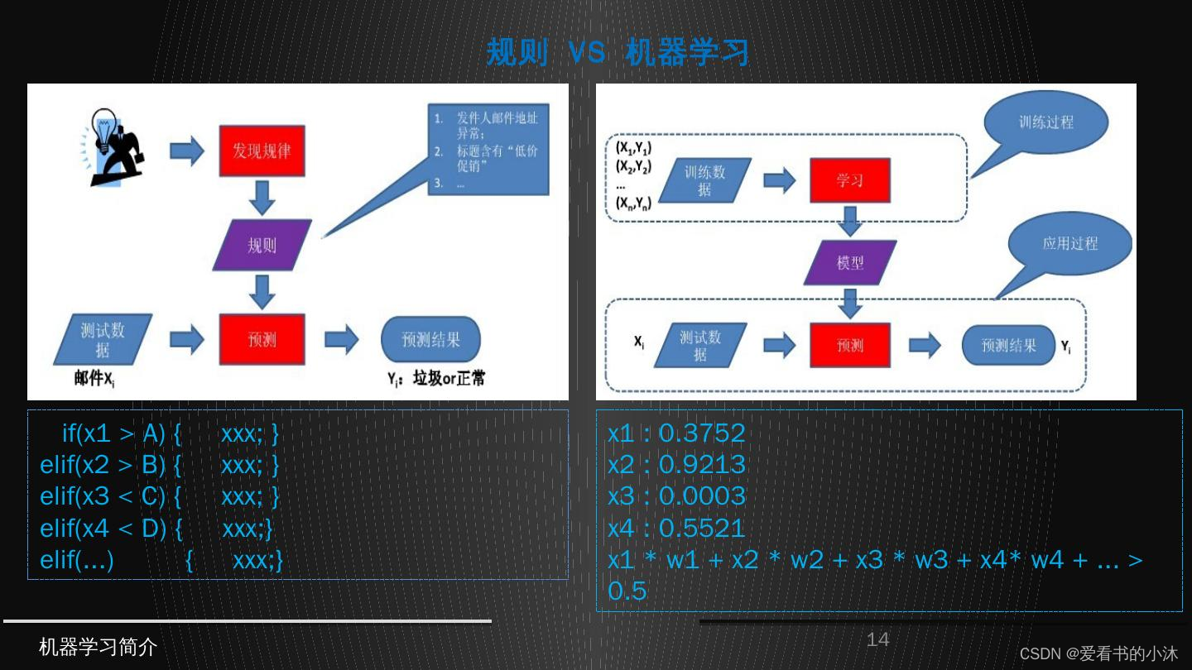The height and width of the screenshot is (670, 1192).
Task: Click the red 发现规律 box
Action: click(x=262, y=151)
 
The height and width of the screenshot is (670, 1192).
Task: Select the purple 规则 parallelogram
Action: click(x=262, y=246)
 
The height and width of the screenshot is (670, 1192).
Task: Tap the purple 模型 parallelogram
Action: click(x=850, y=263)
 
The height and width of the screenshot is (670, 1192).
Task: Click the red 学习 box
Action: click(x=850, y=180)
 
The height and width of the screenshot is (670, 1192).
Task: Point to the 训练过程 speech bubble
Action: click(x=1046, y=122)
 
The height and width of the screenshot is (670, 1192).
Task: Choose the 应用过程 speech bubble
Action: click(x=1069, y=244)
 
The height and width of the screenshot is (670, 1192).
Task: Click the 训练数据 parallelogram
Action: click(x=704, y=180)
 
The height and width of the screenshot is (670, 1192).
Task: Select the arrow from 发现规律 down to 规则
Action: click(x=262, y=196)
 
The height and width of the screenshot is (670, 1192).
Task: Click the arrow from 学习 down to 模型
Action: click(x=850, y=221)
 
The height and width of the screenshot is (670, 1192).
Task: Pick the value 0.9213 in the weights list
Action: click(x=702, y=465)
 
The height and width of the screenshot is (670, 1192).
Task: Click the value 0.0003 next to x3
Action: click(x=702, y=496)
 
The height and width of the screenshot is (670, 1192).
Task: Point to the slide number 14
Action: click(x=877, y=639)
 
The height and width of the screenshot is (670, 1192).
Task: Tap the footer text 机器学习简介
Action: click(x=98, y=647)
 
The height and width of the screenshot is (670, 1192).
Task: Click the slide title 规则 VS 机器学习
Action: click(x=618, y=52)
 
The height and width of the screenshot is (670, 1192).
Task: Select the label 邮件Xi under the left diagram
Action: click(x=100, y=379)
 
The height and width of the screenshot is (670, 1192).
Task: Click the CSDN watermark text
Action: click(x=1098, y=653)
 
